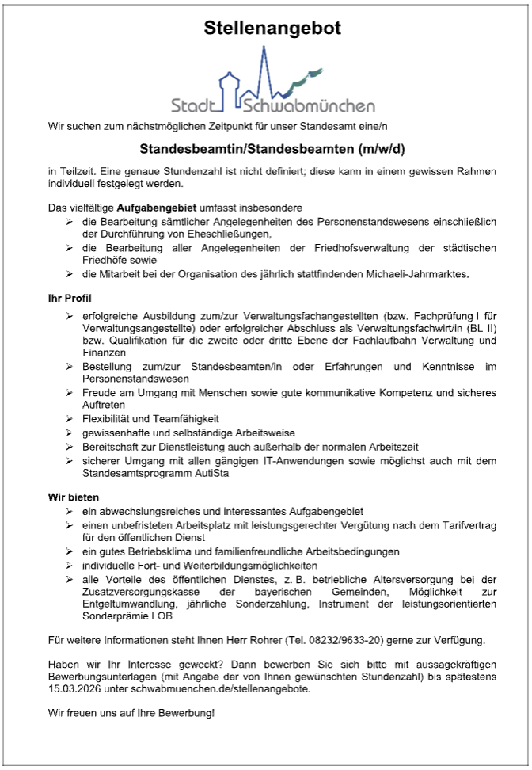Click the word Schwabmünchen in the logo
pyautogui.click(x=310, y=105)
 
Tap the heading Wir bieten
pyautogui.click(x=74, y=497)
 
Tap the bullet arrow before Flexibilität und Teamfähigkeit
pyautogui.click(x=70, y=418)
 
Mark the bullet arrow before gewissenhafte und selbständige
pyautogui.click(x=70, y=433)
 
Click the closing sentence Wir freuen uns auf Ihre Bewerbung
pyautogui.click(x=131, y=713)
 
